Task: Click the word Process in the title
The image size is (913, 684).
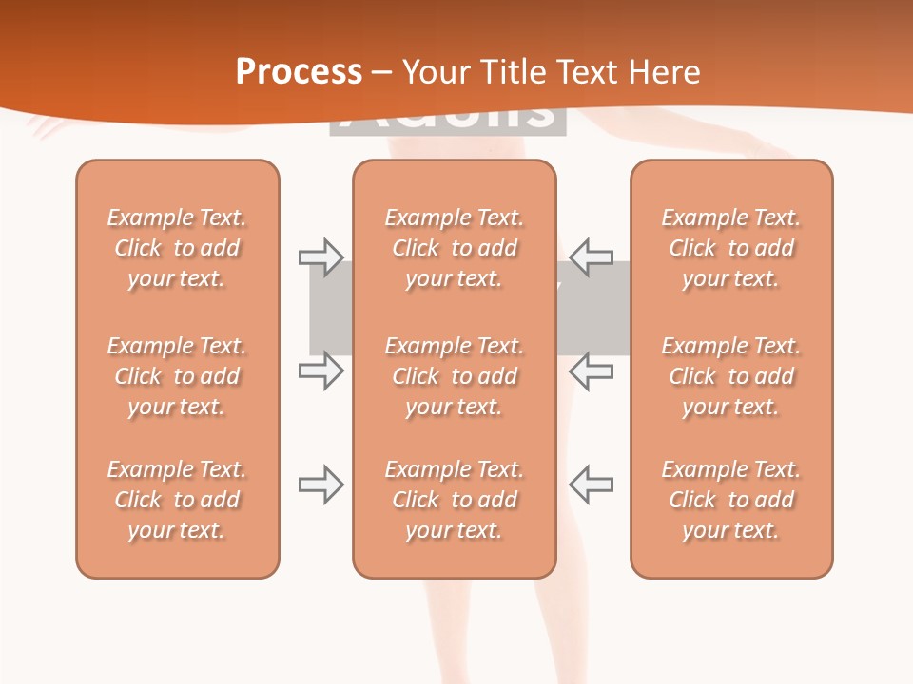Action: [x=299, y=71]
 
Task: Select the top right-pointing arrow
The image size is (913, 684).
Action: [x=321, y=256]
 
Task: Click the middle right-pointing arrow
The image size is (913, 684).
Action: [x=321, y=370]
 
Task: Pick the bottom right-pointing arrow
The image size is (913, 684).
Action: [x=321, y=484]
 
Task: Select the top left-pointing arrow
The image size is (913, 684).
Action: [x=591, y=256]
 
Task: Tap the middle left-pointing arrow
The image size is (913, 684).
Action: [x=591, y=370]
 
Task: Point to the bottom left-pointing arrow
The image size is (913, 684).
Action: [x=591, y=484]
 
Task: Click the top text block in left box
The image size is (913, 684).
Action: [x=177, y=248]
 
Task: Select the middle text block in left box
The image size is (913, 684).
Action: [x=177, y=376]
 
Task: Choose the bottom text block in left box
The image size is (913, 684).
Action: [x=177, y=500]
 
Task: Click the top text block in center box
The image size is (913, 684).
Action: [x=454, y=248]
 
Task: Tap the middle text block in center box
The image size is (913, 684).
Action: [x=454, y=376]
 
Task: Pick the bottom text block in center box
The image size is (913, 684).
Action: [x=454, y=500]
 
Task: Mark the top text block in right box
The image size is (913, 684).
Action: [x=730, y=248]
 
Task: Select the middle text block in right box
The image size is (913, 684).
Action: [x=730, y=376]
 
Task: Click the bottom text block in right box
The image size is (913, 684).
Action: [x=730, y=500]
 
